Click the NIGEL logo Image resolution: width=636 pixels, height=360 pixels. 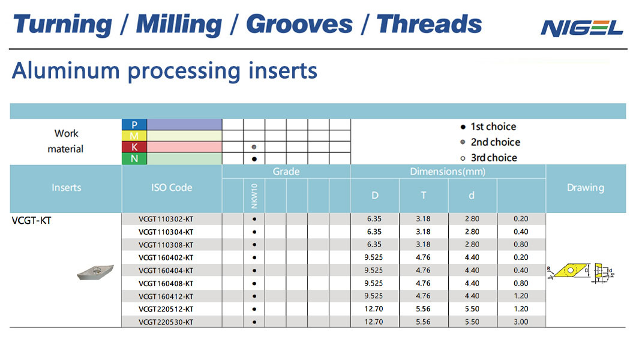point(581,28)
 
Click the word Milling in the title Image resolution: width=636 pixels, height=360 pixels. point(179,25)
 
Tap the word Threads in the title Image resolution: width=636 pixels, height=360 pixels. point(429,24)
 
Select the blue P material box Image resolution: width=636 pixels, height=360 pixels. point(134,124)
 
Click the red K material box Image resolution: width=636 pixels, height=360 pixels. point(134,147)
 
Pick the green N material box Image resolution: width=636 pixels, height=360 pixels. point(134,158)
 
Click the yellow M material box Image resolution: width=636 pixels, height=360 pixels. point(134,136)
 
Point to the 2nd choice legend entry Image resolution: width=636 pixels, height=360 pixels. point(490,142)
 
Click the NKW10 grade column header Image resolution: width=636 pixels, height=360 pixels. point(254,196)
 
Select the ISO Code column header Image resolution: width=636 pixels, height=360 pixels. point(172,188)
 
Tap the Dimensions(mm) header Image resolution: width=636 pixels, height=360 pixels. point(448,172)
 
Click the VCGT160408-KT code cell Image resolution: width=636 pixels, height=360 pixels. point(166,283)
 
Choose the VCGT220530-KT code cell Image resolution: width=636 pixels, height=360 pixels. point(166,322)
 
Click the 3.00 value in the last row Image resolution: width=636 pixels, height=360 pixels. point(521,322)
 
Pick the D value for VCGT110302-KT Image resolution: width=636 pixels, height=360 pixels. point(374,219)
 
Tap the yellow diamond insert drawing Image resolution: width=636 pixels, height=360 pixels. point(570,271)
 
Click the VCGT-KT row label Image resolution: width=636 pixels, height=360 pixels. point(32,221)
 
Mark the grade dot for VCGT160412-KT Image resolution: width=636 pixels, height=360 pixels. point(254,296)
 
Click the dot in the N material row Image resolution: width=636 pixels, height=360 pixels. point(254,159)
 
